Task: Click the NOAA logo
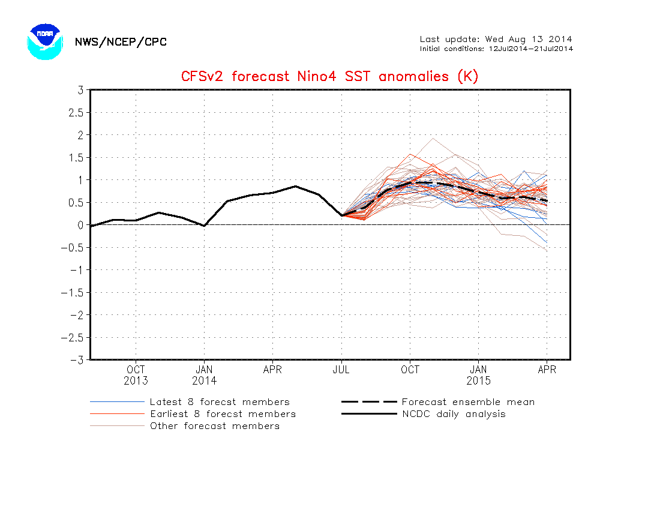click(x=45, y=41)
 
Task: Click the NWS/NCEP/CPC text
click(x=121, y=42)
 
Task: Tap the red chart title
click(x=329, y=77)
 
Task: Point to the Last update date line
click(x=496, y=39)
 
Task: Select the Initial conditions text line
click(x=496, y=49)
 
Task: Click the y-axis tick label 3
click(x=80, y=90)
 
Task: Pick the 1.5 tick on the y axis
click(x=76, y=157)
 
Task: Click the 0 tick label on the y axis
click(x=80, y=225)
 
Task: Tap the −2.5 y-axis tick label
click(x=73, y=337)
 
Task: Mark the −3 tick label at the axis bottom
click(x=76, y=360)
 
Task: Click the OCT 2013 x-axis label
click(x=136, y=375)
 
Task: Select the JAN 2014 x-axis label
click(x=204, y=375)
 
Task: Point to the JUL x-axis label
click(x=341, y=370)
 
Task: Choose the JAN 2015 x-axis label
click(x=479, y=375)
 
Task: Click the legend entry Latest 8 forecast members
click(x=220, y=402)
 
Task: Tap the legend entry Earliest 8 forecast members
click(x=223, y=413)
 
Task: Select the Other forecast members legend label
click(x=215, y=426)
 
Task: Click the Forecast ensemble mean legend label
click(x=468, y=402)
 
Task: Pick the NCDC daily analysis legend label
click(x=454, y=413)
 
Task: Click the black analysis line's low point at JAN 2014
click(x=204, y=226)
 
